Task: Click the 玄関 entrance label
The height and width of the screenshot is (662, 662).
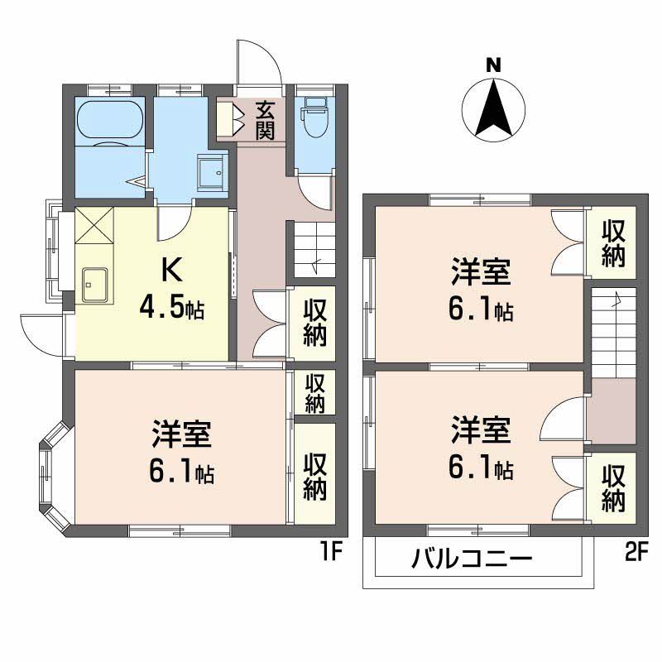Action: [264, 120]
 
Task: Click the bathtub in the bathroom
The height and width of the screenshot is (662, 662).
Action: [110, 122]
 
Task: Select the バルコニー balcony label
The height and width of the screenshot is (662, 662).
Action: [473, 560]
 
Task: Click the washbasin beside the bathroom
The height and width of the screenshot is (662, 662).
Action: [213, 172]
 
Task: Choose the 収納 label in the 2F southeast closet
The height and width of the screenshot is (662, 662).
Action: [612, 488]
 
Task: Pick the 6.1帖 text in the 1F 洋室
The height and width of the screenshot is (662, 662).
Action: [181, 472]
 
